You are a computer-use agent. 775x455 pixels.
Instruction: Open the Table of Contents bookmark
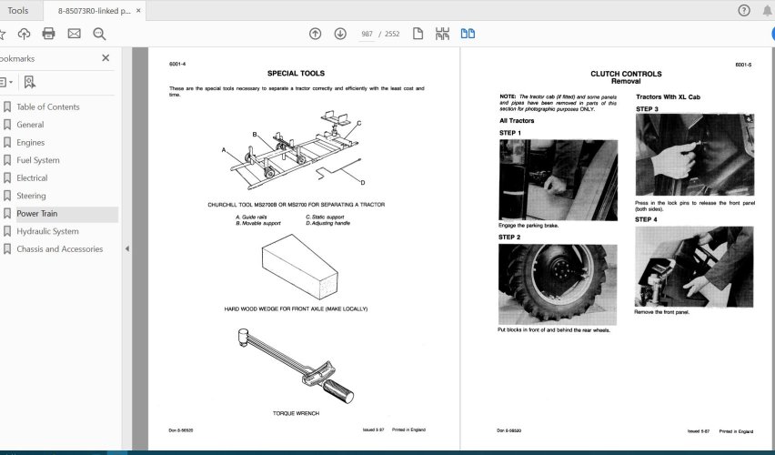click(x=47, y=106)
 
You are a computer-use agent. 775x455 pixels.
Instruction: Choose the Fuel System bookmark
click(x=38, y=160)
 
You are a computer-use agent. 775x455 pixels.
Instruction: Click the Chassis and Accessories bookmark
click(x=59, y=248)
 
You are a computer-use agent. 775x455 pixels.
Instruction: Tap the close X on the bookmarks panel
click(x=106, y=57)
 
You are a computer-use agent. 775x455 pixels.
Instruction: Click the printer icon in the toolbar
click(x=48, y=34)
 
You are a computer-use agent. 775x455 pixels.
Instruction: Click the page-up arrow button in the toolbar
click(x=315, y=34)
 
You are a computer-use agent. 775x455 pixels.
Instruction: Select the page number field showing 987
click(x=367, y=34)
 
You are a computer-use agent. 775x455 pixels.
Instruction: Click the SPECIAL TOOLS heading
click(x=296, y=73)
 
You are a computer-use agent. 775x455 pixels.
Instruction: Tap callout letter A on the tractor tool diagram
click(x=223, y=148)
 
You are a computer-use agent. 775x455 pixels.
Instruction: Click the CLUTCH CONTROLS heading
click(x=626, y=74)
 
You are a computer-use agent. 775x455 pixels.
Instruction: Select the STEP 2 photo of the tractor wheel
click(x=558, y=284)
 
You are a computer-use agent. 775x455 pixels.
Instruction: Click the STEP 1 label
click(x=510, y=133)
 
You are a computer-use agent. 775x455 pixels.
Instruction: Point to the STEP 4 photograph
click(x=693, y=267)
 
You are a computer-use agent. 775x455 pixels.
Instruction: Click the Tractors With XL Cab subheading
click(x=668, y=96)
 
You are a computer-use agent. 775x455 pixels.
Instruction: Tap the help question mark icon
click(x=743, y=10)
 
